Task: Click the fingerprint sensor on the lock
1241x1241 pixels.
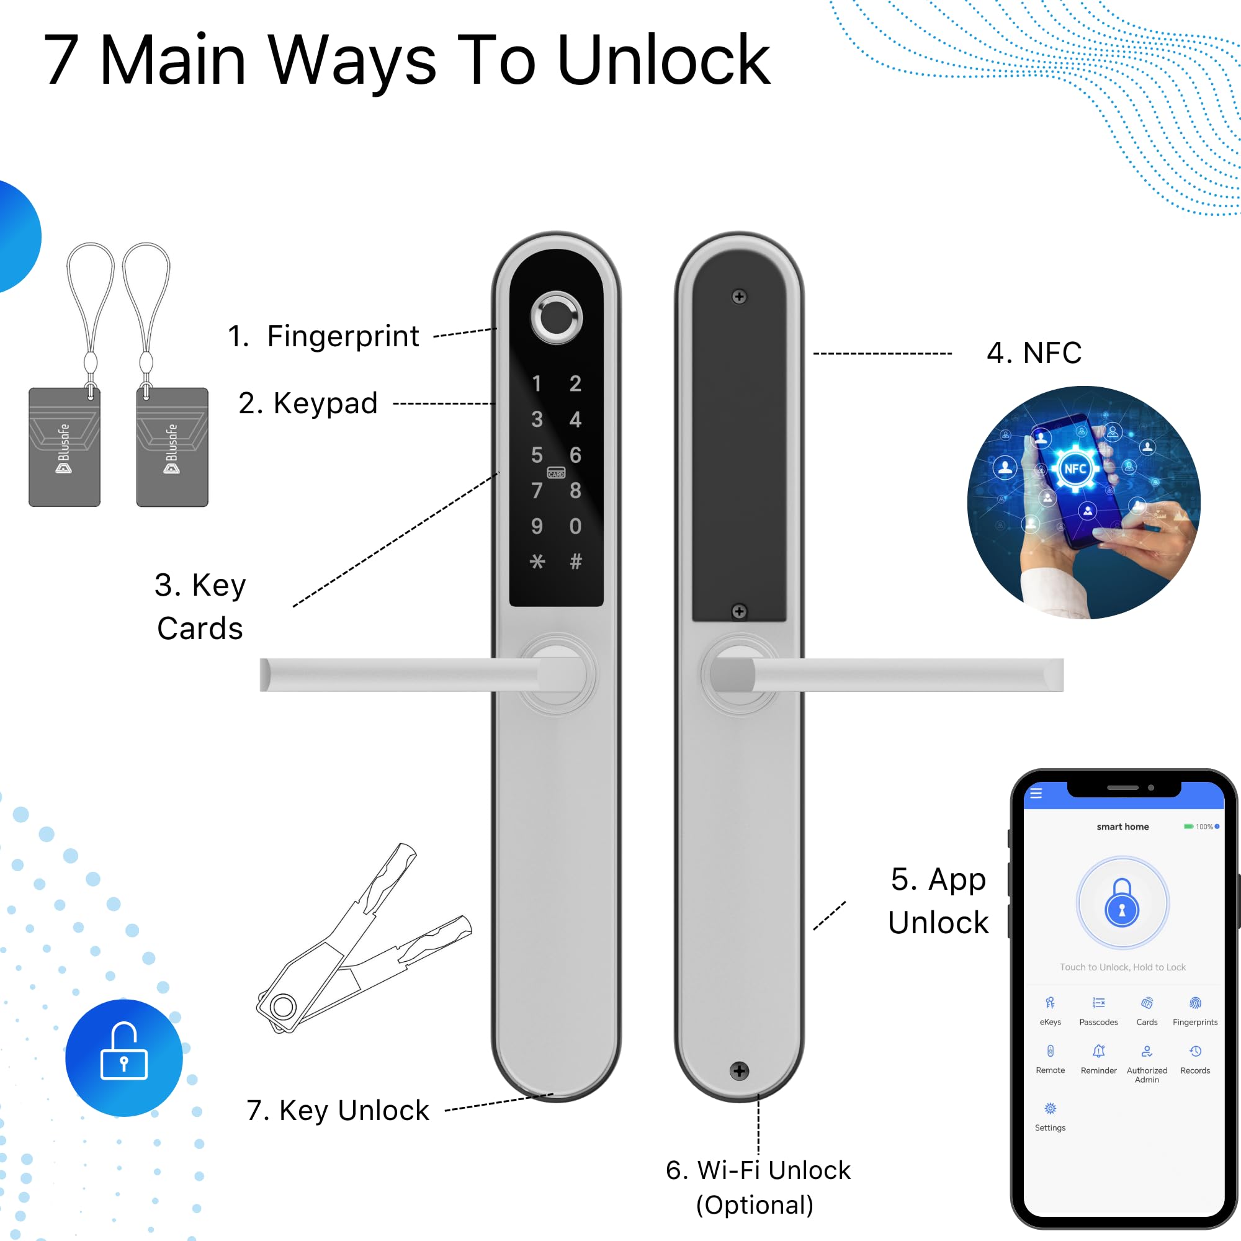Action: [x=556, y=317]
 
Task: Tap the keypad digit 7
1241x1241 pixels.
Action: [x=537, y=491]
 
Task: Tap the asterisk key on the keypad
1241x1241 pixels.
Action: [x=537, y=562]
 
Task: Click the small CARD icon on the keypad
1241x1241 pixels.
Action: [x=556, y=473]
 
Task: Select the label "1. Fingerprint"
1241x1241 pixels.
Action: [x=323, y=336]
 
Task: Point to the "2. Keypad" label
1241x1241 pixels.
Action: [x=308, y=403]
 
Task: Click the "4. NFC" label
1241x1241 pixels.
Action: [x=1034, y=352]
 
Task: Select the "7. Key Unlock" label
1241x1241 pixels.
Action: [x=338, y=1111]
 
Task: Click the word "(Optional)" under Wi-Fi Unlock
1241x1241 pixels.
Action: [x=755, y=1205]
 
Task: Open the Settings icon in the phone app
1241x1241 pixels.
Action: [x=1051, y=1109]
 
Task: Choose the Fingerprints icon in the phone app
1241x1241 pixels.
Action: [x=1194, y=1003]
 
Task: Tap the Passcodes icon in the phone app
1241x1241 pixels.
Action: [x=1098, y=1003]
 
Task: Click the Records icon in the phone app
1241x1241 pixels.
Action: [x=1194, y=1052]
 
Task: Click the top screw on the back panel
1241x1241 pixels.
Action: [x=740, y=297]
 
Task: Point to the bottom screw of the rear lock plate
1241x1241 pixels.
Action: [x=740, y=1071]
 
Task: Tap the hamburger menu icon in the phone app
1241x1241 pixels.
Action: [x=1036, y=793]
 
